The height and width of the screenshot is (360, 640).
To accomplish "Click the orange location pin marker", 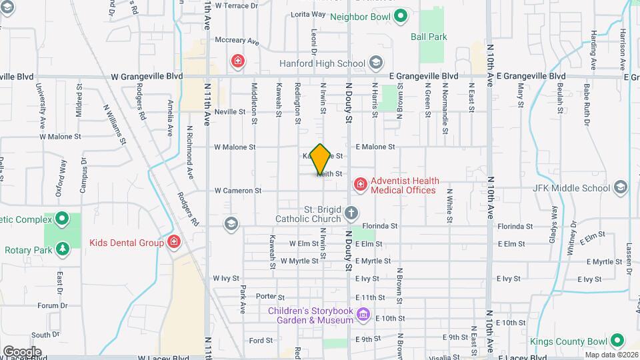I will point(321,159).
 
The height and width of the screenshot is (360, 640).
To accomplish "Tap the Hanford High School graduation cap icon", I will point(375,63).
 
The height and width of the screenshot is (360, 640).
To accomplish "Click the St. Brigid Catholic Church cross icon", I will point(351,213).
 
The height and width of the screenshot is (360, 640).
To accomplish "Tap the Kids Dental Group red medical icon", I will point(174,242).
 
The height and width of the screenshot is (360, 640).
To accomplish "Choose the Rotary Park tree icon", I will point(63,249).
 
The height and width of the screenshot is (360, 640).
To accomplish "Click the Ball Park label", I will point(429,37).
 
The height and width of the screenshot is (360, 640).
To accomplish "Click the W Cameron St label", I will point(238,191).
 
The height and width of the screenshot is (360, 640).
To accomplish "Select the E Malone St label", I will point(375,147).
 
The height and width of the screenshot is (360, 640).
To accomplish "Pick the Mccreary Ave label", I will point(237,41).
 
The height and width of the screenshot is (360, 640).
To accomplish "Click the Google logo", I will point(22,352).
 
